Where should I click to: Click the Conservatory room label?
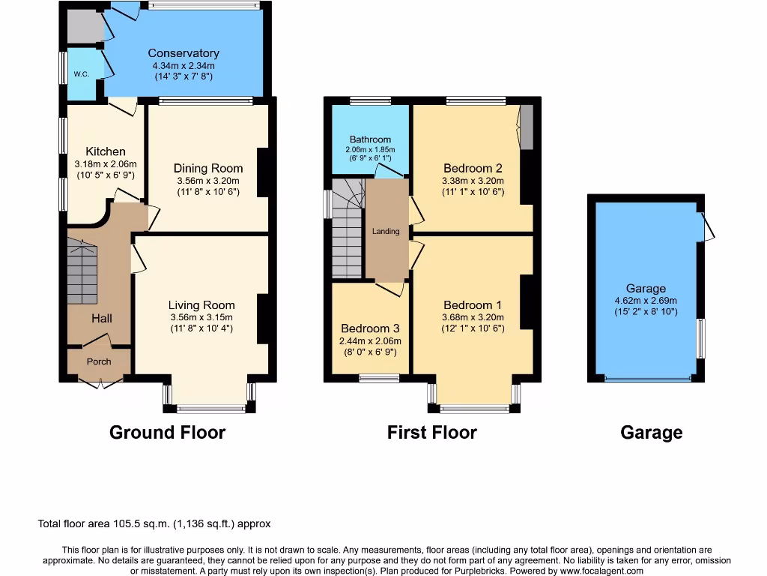click(184, 53)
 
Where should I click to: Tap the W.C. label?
click(81, 74)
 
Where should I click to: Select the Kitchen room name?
click(105, 151)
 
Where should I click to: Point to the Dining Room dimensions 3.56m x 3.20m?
click(207, 181)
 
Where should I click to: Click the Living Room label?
click(201, 304)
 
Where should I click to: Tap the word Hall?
click(102, 319)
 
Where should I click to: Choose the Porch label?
click(99, 361)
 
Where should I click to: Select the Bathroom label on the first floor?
click(370, 139)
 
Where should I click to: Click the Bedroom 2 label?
click(473, 168)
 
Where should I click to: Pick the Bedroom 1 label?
click(473, 304)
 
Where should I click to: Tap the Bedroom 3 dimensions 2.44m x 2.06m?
click(370, 340)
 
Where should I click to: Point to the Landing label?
click(386, 232)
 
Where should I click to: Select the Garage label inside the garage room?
click(646, 288)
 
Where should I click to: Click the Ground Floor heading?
click(167, 432)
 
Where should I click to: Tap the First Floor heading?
click(431, 432)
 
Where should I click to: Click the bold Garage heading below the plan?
click(651, 432)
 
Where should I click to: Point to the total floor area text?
click(154, 523)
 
